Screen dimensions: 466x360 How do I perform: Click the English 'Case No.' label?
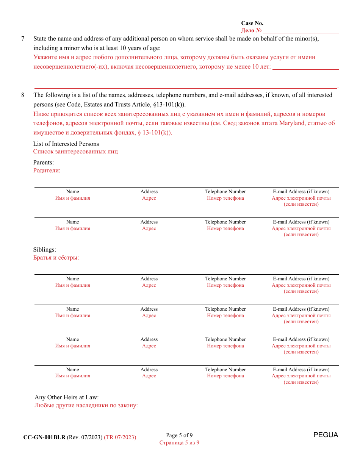point(252,23)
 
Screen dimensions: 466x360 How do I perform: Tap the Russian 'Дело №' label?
point(251,30)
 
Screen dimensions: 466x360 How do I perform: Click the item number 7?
point(23,39)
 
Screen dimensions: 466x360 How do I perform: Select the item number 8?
point(23,95)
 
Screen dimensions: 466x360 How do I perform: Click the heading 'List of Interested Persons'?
point(66,144)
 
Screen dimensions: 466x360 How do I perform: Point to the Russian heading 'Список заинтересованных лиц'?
point(75,152)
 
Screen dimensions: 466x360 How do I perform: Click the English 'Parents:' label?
point(44,163)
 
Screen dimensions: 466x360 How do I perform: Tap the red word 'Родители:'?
point(47,170)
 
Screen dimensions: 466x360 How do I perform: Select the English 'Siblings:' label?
point(45,250)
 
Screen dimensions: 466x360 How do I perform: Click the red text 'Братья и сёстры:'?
point(56,258)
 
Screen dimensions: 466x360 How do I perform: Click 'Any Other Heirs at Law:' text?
point(67,397)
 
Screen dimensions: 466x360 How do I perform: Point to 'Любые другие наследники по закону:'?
point(86,405)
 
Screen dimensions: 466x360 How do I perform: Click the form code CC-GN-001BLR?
point(44,437)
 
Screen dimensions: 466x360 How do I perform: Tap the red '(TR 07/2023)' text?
point(120,437)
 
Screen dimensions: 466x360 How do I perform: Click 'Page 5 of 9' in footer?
point(179,435)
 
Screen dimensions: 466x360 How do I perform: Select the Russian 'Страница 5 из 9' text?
point(179,443)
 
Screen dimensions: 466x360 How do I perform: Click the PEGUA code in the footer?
point(326,435)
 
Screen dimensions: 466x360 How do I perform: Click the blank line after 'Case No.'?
point(302,23)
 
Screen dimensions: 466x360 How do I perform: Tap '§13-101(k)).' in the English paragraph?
point(169,105)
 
